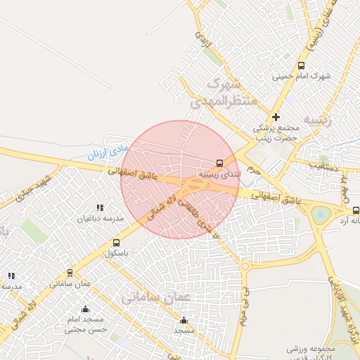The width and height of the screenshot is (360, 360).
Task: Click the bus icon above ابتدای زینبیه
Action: (x=220, y=162)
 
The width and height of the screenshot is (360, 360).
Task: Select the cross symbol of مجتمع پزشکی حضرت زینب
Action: (x=276, y=117)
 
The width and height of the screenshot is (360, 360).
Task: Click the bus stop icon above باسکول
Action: (x=117, y=243)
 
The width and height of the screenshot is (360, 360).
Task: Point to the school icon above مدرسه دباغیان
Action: (x=100, y=207)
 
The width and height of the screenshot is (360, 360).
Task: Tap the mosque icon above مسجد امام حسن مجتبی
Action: (x=86, y=309)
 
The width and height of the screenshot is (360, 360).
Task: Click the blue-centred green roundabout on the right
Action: (x=321, y=214)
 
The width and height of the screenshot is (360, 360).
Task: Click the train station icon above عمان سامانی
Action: (x=70, y=273)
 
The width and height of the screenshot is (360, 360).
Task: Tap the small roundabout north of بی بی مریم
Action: (x=245, y=266)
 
